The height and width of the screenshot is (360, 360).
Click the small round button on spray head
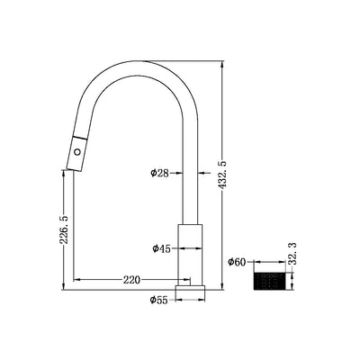click(77, 152)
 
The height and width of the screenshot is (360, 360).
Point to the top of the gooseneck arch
click(135, 65)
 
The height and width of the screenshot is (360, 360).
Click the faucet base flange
click(192, 289)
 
